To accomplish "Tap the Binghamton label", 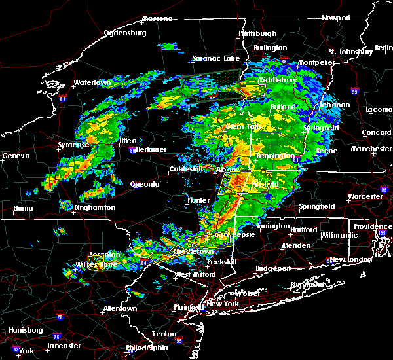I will (96, 207).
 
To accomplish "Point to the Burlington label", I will (271, 48).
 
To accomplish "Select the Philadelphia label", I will (148, 348).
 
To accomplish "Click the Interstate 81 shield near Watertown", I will (63, 99).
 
